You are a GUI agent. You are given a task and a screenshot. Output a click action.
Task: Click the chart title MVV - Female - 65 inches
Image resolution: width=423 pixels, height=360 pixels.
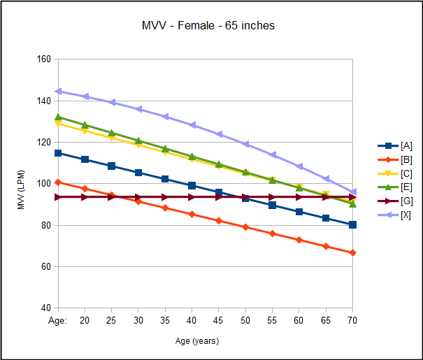pos(208,26)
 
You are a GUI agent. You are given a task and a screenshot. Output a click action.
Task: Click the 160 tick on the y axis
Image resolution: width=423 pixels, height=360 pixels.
pos(43,59)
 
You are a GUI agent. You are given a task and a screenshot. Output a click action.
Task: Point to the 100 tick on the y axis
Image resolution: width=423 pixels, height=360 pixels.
pos(43,184)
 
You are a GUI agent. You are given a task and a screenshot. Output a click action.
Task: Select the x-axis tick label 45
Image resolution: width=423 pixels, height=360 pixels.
pos(218,319)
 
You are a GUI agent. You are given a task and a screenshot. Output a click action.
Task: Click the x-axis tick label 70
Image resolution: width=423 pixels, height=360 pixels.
pos(352,319)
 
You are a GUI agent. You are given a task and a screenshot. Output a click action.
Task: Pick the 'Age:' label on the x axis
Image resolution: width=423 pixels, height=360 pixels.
pos(58,319)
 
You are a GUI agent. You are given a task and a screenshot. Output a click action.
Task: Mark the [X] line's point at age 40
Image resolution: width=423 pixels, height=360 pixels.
pos(192,125)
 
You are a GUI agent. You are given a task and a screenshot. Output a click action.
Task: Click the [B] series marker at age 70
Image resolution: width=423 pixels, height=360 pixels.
pos(352,252)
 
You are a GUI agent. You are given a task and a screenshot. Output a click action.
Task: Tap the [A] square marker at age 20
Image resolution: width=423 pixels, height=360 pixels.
pos(85,159)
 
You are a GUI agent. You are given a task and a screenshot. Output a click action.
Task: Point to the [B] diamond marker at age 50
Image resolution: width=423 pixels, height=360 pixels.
pos(245,227)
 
